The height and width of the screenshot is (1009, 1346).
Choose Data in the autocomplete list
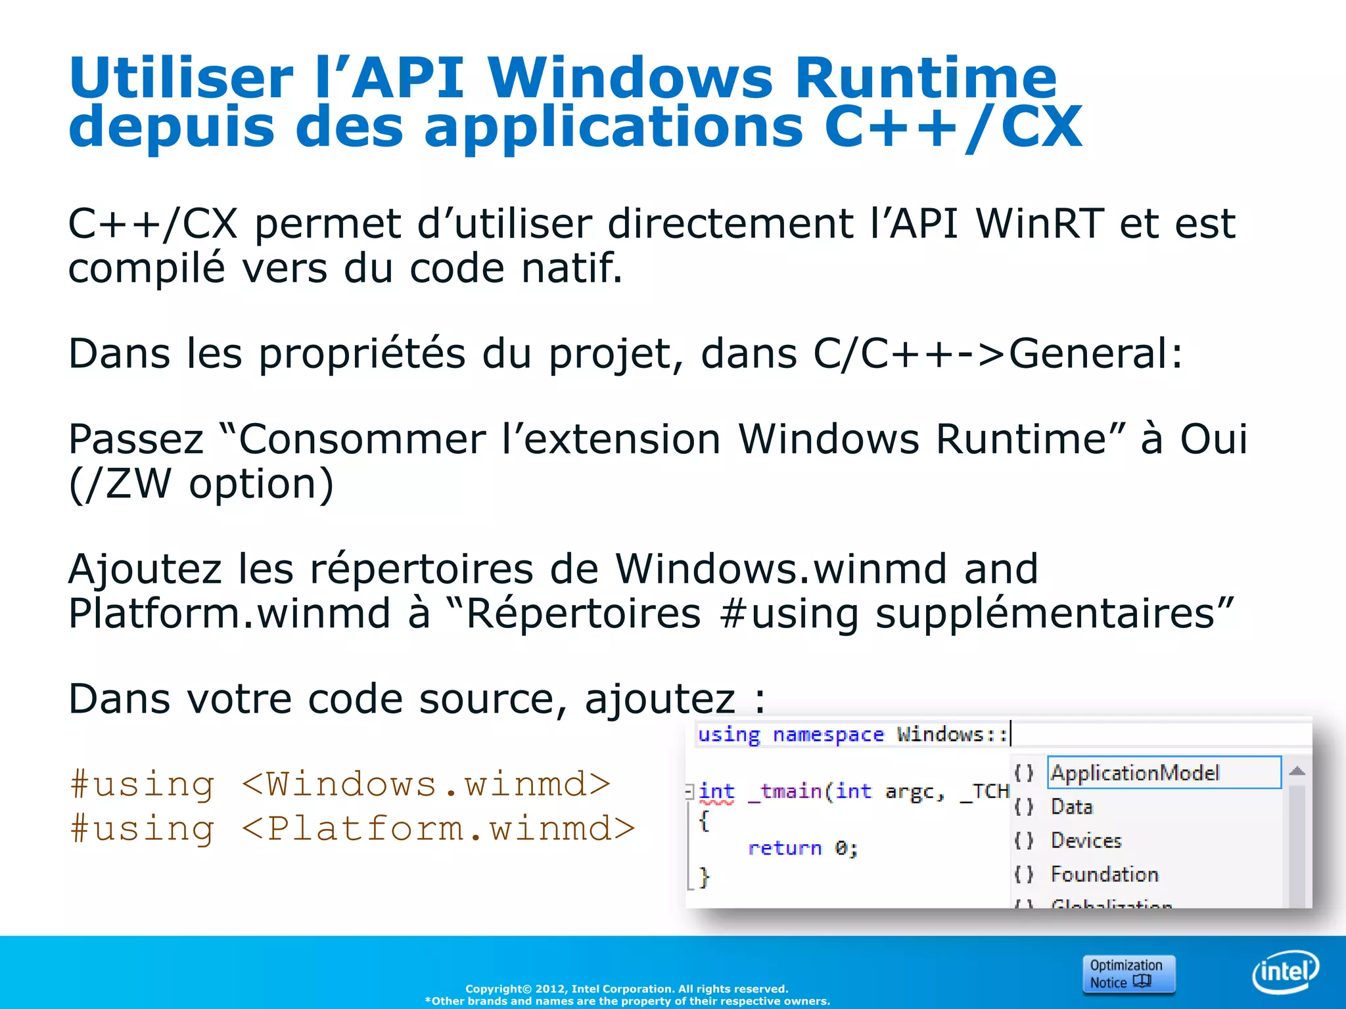(1072, 807)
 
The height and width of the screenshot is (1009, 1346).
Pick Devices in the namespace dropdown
(1086, 841)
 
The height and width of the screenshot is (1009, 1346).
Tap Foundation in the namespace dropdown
(1105, 874)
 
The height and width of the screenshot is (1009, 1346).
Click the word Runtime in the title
(925, 79)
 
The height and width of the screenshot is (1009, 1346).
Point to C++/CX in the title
(953, 127)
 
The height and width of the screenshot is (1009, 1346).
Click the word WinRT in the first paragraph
(1040, 224)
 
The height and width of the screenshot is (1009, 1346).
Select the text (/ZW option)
(201, 485)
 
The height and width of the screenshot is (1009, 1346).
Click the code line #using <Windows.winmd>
(340, 784)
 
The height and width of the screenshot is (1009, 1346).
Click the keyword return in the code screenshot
(785, 848)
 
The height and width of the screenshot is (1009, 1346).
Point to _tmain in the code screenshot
(787, 792)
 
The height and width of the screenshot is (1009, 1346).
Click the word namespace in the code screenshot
(828, 734)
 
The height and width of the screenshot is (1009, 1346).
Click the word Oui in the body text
(1213, 439)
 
